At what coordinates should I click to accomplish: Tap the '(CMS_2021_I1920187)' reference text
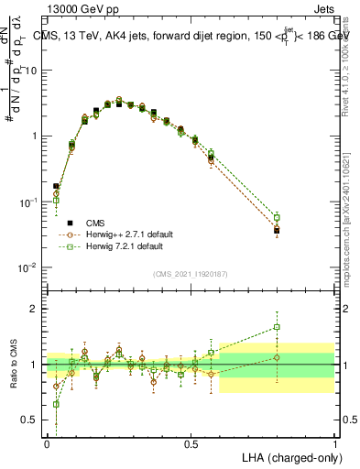tap(190, 273)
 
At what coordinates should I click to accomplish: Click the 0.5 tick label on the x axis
tap(191, 443)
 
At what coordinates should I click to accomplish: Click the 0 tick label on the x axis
tap(47, 443)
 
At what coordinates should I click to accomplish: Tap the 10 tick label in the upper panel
tap(32, 70)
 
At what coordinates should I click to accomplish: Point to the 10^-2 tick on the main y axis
tap(30, 267)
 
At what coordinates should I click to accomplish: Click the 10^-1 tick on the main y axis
tap(30, 202)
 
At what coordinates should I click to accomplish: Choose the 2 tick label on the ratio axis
tap(35, 309)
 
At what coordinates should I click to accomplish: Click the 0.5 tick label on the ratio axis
tap(31, 420)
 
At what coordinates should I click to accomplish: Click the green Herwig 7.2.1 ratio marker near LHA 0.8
tap(277, 327)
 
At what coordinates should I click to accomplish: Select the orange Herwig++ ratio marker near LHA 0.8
tap(277, 357)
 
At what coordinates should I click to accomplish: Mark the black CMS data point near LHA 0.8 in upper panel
tap(277, 231)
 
